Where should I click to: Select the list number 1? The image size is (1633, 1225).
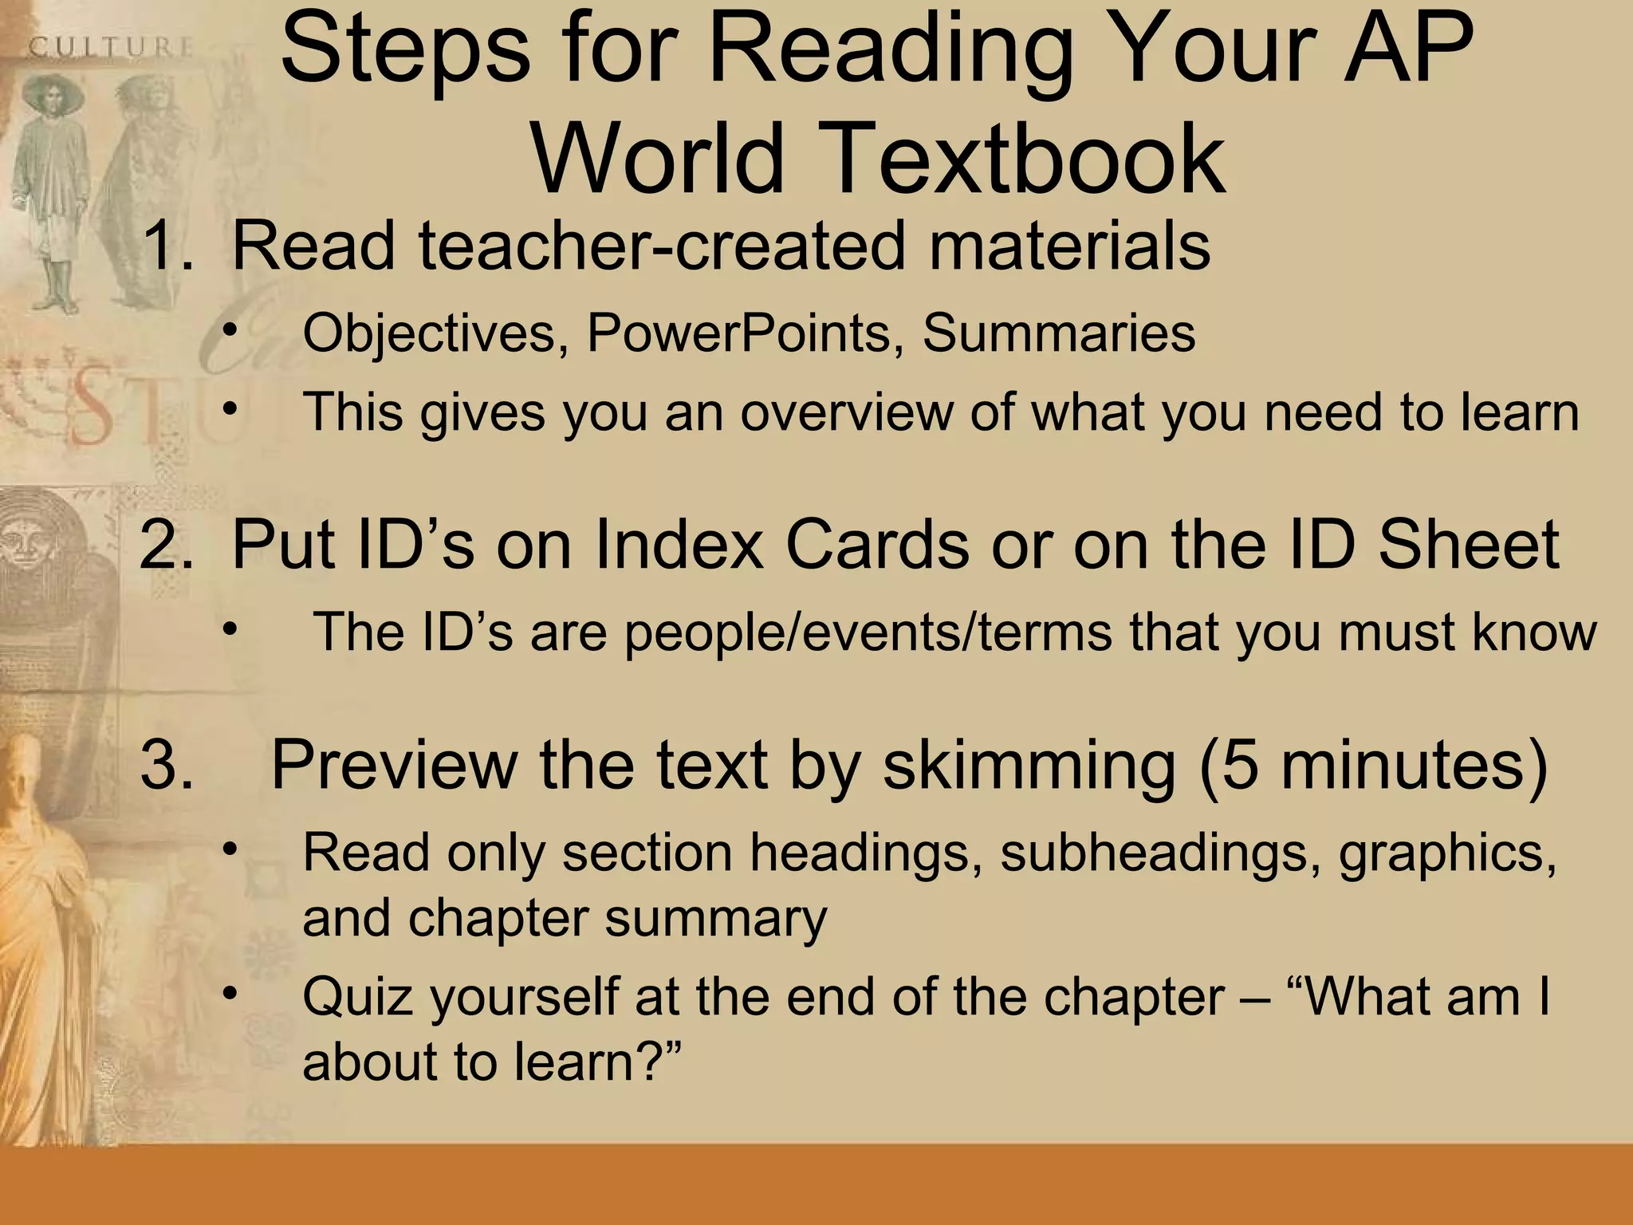click(163, 246)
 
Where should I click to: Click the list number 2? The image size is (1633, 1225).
click(163, 545)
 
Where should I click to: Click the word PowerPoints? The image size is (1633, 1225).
click(738, 333)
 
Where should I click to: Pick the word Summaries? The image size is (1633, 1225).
click(1059, 333)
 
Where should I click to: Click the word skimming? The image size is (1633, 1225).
click(1029, 765)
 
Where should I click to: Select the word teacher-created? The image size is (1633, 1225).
click(663, 246)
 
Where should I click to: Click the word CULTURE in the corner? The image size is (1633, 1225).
click(111, 47)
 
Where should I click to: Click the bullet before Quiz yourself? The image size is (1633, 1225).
click(230, 994)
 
